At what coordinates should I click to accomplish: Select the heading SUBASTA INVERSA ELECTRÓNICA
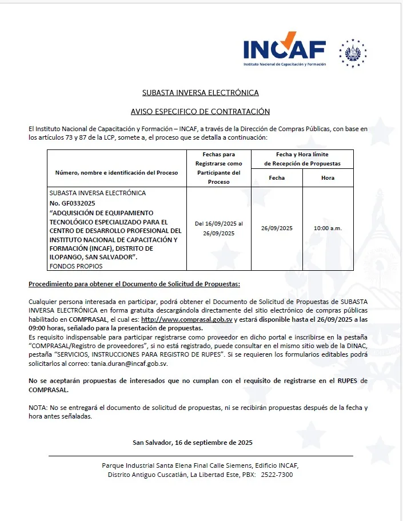point(201,93)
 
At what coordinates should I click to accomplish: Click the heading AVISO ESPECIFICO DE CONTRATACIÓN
point(201,112)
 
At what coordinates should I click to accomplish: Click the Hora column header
point(328,178)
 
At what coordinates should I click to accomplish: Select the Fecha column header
point(277,178)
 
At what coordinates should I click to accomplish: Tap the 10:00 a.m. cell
point(328,228)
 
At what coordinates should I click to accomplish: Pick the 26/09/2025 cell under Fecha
point(277,228)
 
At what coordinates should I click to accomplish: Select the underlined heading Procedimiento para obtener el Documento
point(134,285)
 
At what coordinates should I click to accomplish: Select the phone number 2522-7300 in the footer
point(278,475)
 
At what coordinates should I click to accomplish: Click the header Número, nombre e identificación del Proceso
point(117,172)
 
